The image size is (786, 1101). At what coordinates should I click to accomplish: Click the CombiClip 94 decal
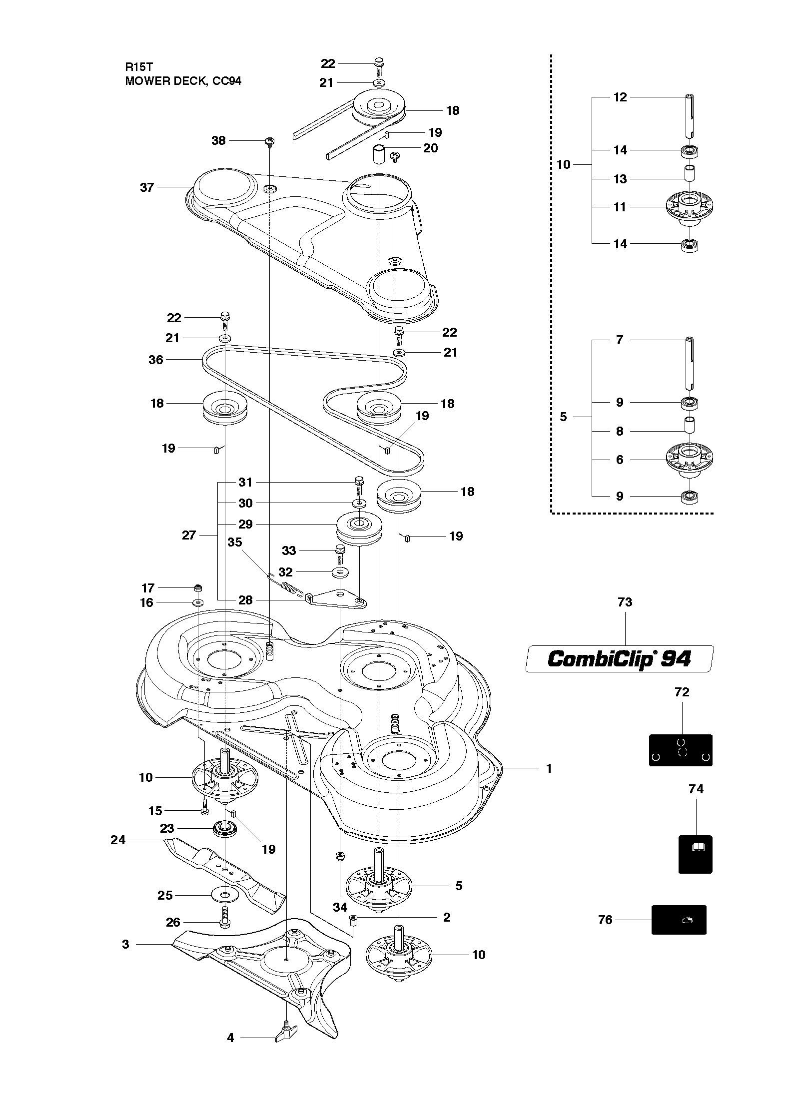tap(620, 658)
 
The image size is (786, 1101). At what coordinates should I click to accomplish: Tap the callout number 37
tap(147, 187)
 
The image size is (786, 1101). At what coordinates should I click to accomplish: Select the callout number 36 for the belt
tap(156, 360)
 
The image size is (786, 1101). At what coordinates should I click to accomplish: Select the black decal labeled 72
tap(681, 750)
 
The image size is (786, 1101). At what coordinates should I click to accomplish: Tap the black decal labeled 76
tap(679, 920)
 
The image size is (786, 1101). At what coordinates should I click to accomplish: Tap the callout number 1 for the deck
tap(549, 768)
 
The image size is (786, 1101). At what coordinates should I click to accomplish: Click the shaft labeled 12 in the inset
tap(690, 115)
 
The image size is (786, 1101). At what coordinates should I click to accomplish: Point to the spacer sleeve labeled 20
tap(379, 155)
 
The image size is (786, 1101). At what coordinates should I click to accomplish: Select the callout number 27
tap(189, 536)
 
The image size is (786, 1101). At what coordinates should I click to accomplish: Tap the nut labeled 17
tap(198, 587)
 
